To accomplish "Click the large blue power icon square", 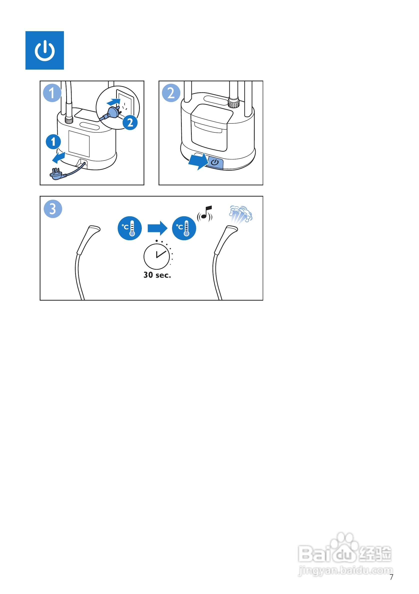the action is tap(44, 50).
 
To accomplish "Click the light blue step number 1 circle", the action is tap(52, 93).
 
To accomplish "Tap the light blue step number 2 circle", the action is tap(171, 93).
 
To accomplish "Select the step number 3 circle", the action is tap(53, 209).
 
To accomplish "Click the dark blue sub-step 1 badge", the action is tap(53, 142).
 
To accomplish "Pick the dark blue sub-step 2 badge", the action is tap(130, 122).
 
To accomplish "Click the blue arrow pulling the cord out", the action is tap(58, 158).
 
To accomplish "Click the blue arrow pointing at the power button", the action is tap(198, 161).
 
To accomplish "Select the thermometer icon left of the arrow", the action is tap(130, 228).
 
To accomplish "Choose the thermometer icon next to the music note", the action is tap(184, 228).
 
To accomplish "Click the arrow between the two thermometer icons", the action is tap(158, 228).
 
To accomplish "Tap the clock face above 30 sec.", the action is tap(157, 256).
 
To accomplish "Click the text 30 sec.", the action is tap(157, 275).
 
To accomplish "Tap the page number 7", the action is tap(392, 577).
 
